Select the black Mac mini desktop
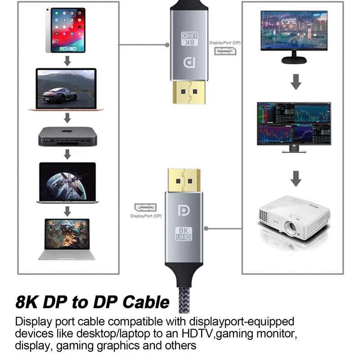(x=67, y=136)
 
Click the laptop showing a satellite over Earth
(x=67, y=183)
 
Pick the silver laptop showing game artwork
(x=67, y=239)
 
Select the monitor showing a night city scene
(x=294, y=34)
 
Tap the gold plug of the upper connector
(x=189, y=92)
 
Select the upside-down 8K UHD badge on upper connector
(x=189, y=39)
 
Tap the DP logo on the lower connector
(x=184, y=210)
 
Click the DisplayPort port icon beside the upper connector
(x=225, y=50)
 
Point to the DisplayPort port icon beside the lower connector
(x=145, y=207)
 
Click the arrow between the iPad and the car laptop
(x=67, y=61)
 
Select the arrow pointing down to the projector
(x=296, y=178)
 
